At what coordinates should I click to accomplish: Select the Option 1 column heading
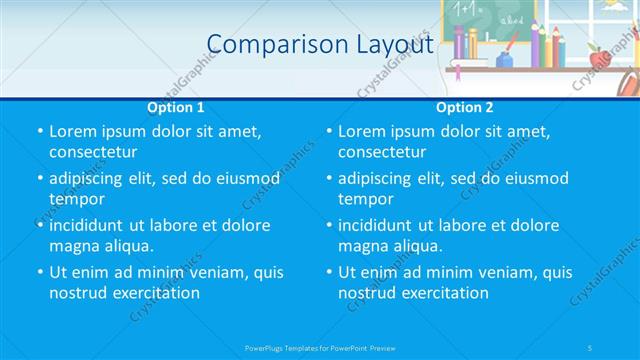(x=176, y=107)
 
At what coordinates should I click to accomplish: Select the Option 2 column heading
(x=465, y=107)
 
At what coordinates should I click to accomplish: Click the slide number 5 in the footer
(x=590, y=346)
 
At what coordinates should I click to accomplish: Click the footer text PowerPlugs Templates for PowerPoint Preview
(x=320, y=346)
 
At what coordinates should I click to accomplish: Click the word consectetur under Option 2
(x=382, y=152)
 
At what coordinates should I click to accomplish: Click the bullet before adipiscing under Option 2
(x=329, y=179)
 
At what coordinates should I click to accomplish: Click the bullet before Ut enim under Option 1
(x=40, y=272)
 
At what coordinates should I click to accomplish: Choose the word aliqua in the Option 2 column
(x=414, y=246)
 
